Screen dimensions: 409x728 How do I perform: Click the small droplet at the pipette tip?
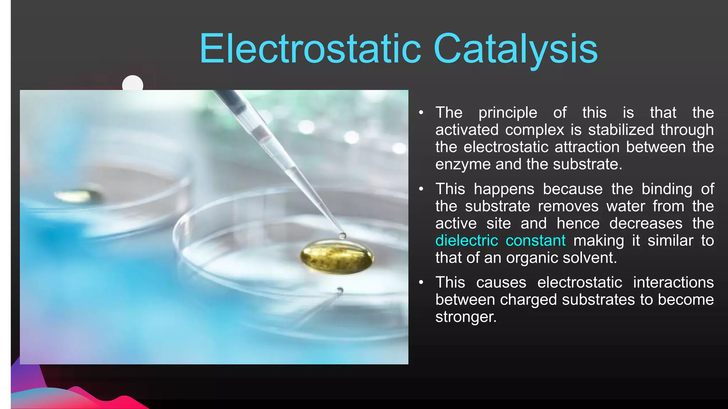point(342,235)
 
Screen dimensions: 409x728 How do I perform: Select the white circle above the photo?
point(133,84)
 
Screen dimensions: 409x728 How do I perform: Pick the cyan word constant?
point(535,241)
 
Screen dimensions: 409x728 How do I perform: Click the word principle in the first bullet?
point(508,113)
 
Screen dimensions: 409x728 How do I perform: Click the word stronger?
point(466,317)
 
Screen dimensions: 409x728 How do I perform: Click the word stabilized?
point(621,130)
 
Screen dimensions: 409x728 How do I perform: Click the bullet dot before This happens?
point(421,189)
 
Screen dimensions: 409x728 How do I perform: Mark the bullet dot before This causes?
point(421,282)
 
